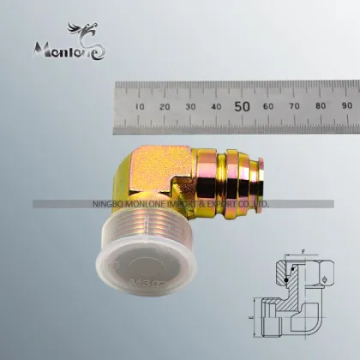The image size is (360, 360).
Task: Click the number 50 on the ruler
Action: click(x=243, y=106)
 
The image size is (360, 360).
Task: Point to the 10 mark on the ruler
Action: click(x=140, y=107)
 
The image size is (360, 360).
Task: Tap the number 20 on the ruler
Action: click(x=165, y=107)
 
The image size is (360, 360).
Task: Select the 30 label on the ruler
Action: click(x=191, y=107)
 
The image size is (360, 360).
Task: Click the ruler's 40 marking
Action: click(x=217, y=107)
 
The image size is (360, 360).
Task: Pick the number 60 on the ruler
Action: click(x=269, y=107)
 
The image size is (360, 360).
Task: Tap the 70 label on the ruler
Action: click(x=295, y=107)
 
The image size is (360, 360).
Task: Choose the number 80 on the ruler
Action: click(x=321, y=107)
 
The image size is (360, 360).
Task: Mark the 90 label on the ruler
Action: click(x=345, y=107)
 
